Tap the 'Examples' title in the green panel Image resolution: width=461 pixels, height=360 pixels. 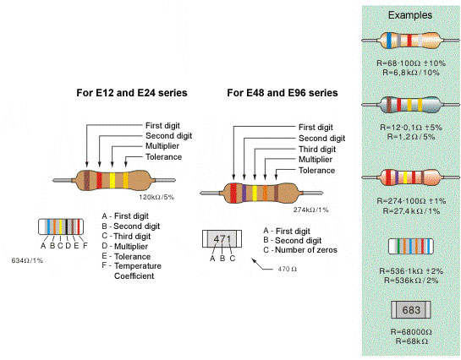click(x=409, y=15)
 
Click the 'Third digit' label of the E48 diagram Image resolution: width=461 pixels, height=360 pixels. click(x=319, y=149)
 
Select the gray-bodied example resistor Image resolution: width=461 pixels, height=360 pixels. click(x=409, y=105)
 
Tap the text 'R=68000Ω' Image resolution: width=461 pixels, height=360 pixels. click(x=409, y=332)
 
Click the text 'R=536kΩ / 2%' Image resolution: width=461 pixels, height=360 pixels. click(x=409, y=278)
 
